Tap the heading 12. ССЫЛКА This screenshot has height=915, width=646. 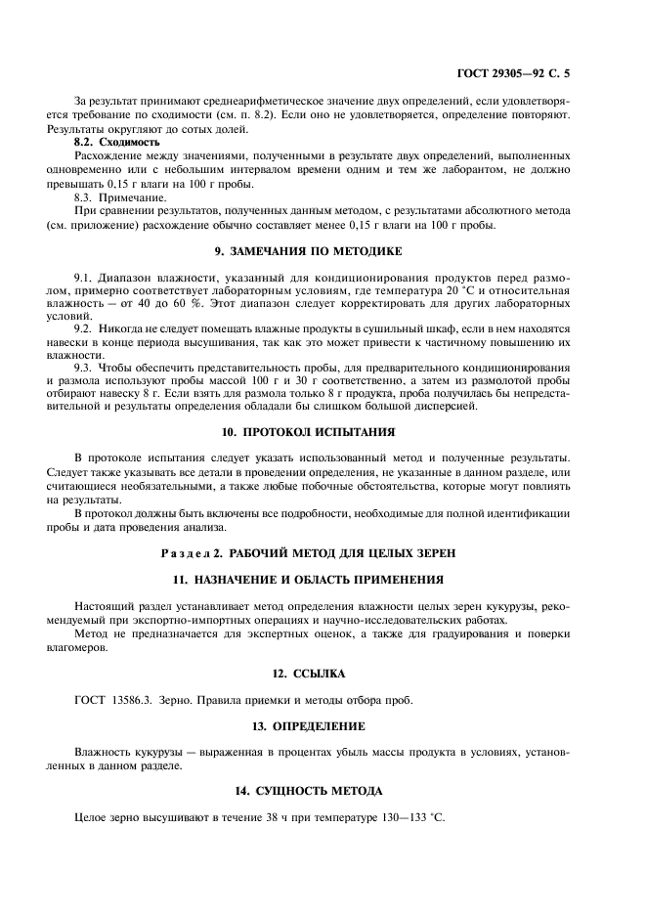tap(323, 674)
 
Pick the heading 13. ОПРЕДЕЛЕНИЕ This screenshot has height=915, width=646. tap(323, 726)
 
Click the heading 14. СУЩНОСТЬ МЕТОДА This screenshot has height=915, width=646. tap(323, 790)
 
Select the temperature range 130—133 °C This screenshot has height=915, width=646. tap(404, 815)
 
